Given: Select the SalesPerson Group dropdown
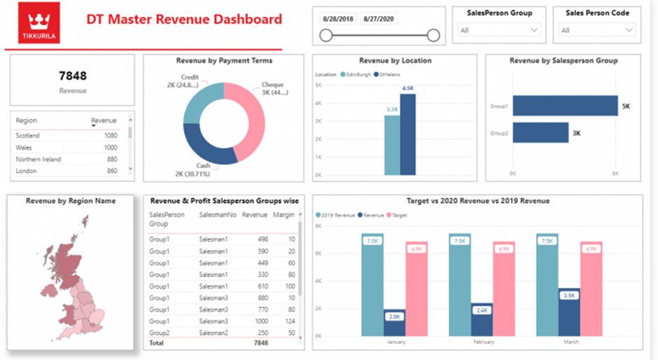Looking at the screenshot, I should point(498,30).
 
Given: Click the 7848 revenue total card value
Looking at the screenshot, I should point(73,76).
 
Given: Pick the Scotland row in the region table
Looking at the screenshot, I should point(28,135).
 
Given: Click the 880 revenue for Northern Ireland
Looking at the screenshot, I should point(111,159).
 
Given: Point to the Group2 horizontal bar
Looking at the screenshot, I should point(540,132).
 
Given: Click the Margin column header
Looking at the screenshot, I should point(283,215).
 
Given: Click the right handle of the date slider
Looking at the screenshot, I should point(433,35).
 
